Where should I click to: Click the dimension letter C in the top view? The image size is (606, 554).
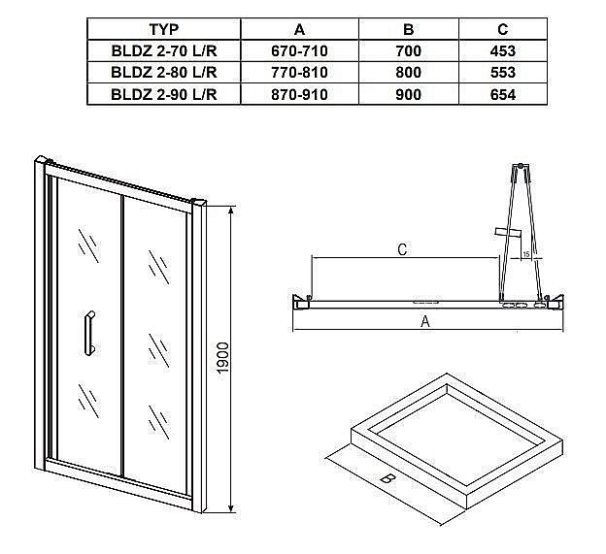[402, 249]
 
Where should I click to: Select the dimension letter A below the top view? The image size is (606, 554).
[424, 323]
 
